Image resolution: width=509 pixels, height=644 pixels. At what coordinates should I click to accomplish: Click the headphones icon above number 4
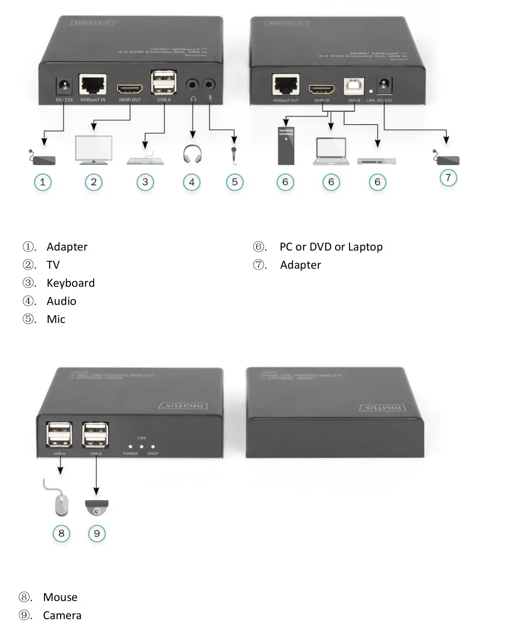(x=192, y=154)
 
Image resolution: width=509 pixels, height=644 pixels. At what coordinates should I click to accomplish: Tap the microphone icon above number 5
(x=235, y=155)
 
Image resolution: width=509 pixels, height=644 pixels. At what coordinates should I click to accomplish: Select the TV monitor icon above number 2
(x=94, y=150)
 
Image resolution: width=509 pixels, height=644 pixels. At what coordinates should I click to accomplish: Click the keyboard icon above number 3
(x=145, y=160)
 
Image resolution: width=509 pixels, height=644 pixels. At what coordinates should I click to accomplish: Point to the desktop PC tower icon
(x=285, y=146)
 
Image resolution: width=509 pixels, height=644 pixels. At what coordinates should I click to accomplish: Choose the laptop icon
(x=331, y=152)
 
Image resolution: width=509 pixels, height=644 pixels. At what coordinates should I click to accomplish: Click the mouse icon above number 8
(x=61, y=504)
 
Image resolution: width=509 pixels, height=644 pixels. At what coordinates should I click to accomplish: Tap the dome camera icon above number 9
(x=97, y=507)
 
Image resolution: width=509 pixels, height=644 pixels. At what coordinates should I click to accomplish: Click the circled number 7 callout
(x=448, y=178)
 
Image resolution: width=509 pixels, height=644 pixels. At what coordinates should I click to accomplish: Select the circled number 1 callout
(x=42, y=182)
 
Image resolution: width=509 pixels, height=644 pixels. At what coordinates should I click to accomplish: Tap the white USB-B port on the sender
(x=354, y=87)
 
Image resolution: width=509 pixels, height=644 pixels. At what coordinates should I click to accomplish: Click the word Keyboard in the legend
(x=70, y=283)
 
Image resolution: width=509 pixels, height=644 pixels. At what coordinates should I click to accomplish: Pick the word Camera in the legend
(x=62, y=616)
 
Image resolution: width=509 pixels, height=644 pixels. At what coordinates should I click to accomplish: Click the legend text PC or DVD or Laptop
(x=331, y=247)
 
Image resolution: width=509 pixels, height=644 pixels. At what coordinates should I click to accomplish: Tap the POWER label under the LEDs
(x=130, y=453)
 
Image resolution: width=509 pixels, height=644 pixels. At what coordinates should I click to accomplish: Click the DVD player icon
(x=377, y=162)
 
